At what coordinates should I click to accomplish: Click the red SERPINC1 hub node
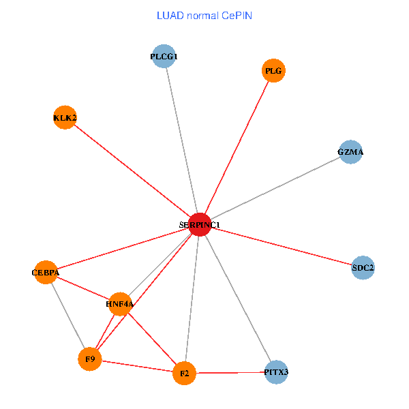[198, 224]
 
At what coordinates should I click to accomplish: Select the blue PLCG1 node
[164, 57]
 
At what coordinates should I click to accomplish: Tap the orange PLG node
[273, 71]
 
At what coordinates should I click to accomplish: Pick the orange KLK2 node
[65, 118]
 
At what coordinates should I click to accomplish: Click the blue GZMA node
[350, 152]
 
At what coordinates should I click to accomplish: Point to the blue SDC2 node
[363, 268]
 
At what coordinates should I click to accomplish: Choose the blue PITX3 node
[276, 372]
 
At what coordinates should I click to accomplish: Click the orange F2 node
[184, 373]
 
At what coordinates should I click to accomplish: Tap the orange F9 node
[89, 359]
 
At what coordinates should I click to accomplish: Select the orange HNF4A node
[120, 303]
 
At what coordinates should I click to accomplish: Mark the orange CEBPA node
[46, 273]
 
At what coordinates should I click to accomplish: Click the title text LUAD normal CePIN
[204, 15]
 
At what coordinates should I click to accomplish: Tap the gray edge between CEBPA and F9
[67, 316]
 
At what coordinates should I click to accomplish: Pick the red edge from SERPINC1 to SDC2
[280, 246]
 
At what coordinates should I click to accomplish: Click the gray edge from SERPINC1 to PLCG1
[181, 140]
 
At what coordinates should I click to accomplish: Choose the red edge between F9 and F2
[136, 365]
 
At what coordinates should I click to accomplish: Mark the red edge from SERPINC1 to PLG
[235, 148]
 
